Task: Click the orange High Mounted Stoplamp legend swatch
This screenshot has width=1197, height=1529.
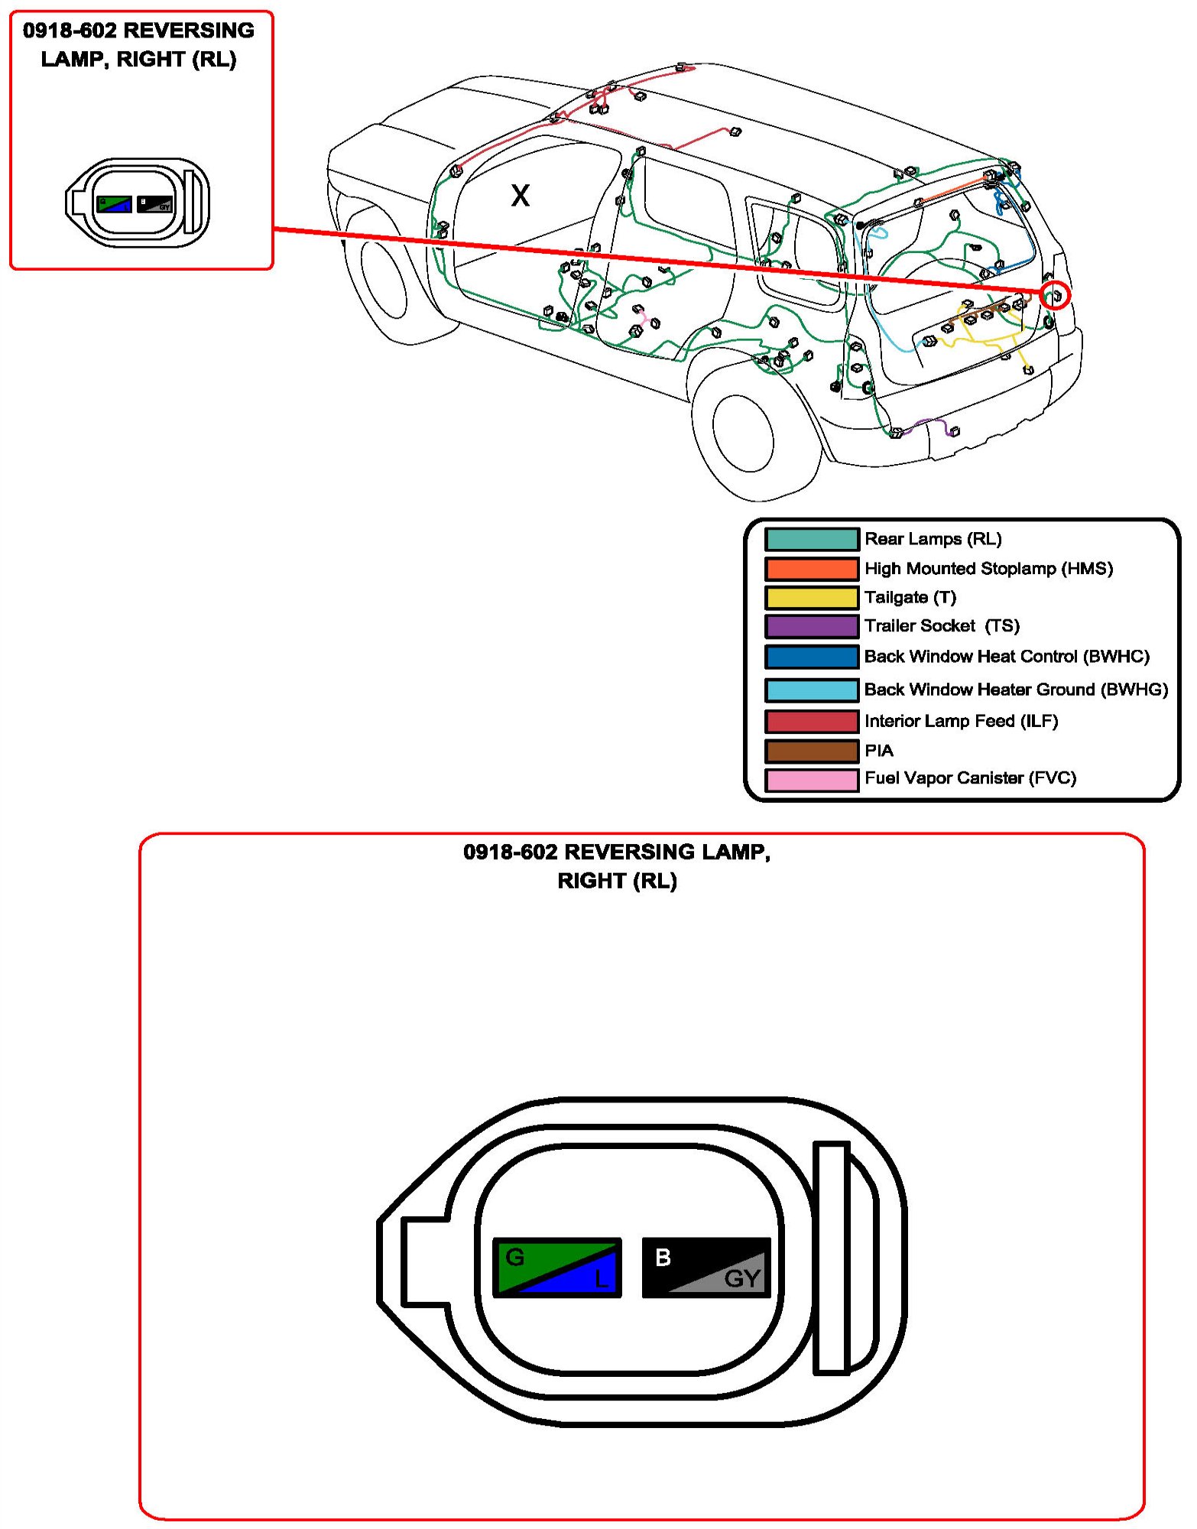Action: point(811,569)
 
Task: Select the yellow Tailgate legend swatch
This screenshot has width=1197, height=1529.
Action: point(811,598)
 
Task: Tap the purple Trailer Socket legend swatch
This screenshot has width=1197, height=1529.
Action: point(811,626)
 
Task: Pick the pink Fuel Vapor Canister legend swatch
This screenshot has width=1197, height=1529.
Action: point(811,780)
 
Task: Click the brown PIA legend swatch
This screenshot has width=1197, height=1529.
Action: point(811,751)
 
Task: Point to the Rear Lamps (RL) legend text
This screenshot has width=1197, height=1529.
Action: point(933,539)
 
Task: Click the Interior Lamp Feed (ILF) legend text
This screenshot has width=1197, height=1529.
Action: point(961,721)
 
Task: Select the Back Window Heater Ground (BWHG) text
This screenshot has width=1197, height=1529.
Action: point(1016,690)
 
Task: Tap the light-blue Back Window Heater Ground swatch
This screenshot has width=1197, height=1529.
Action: point(811,690)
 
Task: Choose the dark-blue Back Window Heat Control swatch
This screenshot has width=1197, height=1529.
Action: point(811,657)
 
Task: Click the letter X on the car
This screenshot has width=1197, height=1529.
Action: point(520,196)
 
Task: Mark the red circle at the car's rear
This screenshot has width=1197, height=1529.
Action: point(1056,295)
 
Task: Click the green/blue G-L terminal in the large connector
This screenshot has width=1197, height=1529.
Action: point(556,1268)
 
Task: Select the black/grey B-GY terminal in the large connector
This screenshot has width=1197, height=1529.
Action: point(706,1268)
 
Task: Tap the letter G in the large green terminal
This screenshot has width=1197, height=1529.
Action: point(515,1257)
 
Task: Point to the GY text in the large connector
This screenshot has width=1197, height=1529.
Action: point(741,1278)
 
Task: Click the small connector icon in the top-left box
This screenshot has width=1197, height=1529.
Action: point(138,203)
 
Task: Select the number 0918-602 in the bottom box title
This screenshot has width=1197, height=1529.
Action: point(510,852)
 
